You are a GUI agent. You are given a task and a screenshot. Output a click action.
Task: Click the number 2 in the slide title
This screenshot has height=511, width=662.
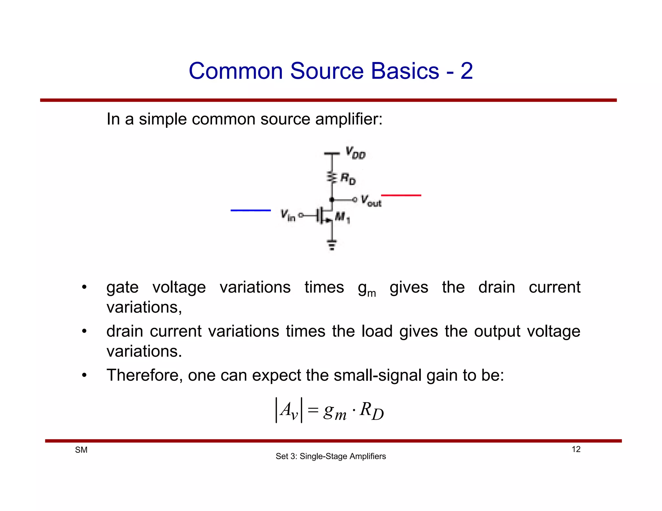[x=466, y=71]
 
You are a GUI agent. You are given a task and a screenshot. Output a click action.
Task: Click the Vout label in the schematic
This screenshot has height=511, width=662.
[x=371, y=201]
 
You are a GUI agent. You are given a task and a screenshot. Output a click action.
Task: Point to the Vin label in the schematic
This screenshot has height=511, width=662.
[x=288, y=215]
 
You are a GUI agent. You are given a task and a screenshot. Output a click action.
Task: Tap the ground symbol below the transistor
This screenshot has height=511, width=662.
[x=332, y=245]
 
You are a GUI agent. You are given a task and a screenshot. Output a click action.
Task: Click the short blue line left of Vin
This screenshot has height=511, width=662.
[x=251, y=210]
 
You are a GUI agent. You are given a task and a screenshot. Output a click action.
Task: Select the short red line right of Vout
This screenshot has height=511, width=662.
[x=401, y=195]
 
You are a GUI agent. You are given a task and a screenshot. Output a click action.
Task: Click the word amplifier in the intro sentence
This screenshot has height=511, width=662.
[x=348, y=119]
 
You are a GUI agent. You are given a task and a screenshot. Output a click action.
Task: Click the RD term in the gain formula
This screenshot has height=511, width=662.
[x=371, y=411]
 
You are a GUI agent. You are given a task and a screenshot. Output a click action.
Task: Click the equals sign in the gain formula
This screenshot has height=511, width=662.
[x=313, y=410]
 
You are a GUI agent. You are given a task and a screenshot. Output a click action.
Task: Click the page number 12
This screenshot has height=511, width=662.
[x=576, y=449]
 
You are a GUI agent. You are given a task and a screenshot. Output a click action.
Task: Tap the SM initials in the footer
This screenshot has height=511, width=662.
[x=81, y=450]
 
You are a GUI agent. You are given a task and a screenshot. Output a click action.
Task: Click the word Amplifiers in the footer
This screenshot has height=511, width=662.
[x=368, y=456]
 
